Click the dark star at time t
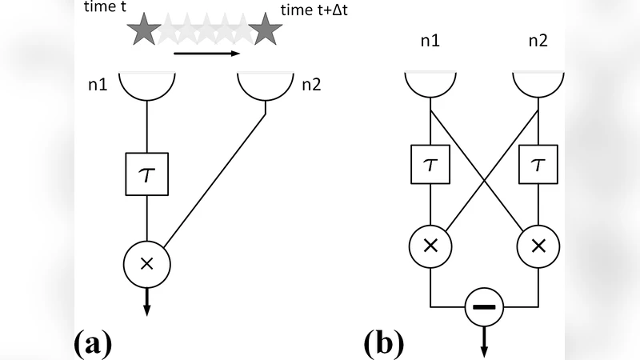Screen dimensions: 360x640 tap(145, 30)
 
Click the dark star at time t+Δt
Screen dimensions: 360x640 tap(263, 30)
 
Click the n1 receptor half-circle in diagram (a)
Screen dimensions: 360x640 tap(146, 85)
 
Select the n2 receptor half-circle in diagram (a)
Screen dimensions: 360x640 tap(265, 85)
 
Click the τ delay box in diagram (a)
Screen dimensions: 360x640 tap(146, 173)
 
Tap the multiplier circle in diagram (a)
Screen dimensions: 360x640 tap(146, 263)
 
